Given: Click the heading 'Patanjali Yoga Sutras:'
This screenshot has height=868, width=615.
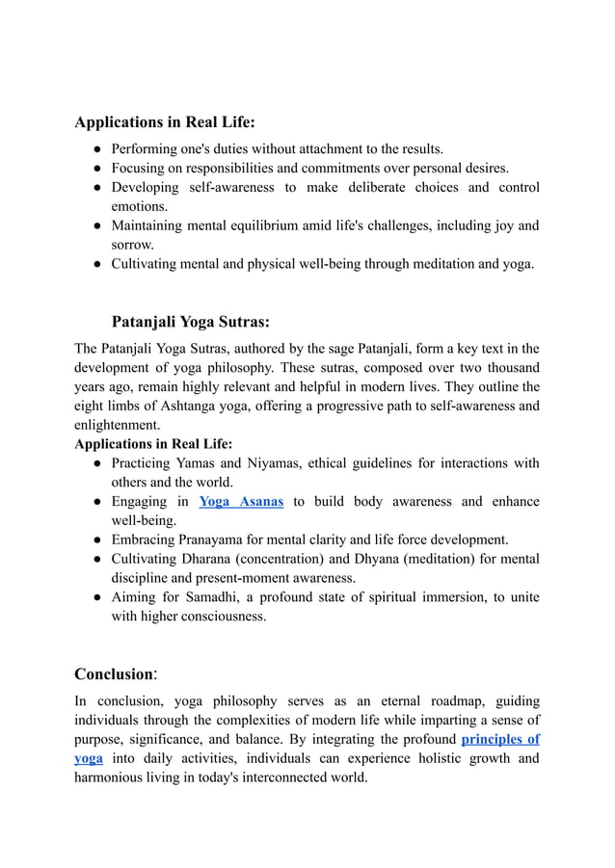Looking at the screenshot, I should tap(190, 321).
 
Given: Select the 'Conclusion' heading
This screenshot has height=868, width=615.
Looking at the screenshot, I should tap(114, 673).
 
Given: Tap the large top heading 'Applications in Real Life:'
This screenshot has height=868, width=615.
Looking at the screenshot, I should tap(165, 122).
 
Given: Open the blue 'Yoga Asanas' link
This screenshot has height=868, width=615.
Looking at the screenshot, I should tap(240, 501).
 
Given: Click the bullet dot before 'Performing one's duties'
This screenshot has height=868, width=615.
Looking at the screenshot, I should tap(98, 149).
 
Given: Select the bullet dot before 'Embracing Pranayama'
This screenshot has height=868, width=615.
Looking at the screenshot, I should tap(98, 539).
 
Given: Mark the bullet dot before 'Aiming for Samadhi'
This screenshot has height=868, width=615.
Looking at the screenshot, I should tap(98, 597).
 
